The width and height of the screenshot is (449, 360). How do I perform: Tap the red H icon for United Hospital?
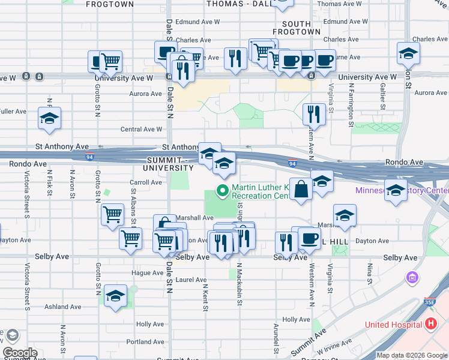pyautogui.click(x=430, y=325)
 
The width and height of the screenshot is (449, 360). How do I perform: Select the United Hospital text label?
pyautogui.click(x=393, y=325)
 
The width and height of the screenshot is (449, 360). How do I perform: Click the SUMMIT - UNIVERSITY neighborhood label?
pyautogui.click(x=171, y=163)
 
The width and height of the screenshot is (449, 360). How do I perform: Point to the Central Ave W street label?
pyautogui.click(x=142, y=129)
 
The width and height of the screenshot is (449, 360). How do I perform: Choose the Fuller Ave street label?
pyautogui.click(x=13, y=112)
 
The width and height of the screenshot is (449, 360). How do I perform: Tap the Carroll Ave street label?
pyautogui.click(x=146, y=182)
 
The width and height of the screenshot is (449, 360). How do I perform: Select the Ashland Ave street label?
pyautogui.click(x=62, y=307)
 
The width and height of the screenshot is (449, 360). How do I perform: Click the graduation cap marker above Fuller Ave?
pyautogui.click(x=49, y=118)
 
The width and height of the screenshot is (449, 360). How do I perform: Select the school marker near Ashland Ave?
pyautogui.click(x=115, y=296)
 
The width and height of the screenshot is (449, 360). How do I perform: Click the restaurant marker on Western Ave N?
pyautogui.click(x=313, y=113)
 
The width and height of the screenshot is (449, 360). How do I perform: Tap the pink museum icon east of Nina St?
pyautogui.click(x=412, y=278)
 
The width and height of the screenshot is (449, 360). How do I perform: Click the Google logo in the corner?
pyautogui.click(x=20, y=353)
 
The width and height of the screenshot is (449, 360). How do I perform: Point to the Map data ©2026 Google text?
pyautogui.click(x=412, y=355)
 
